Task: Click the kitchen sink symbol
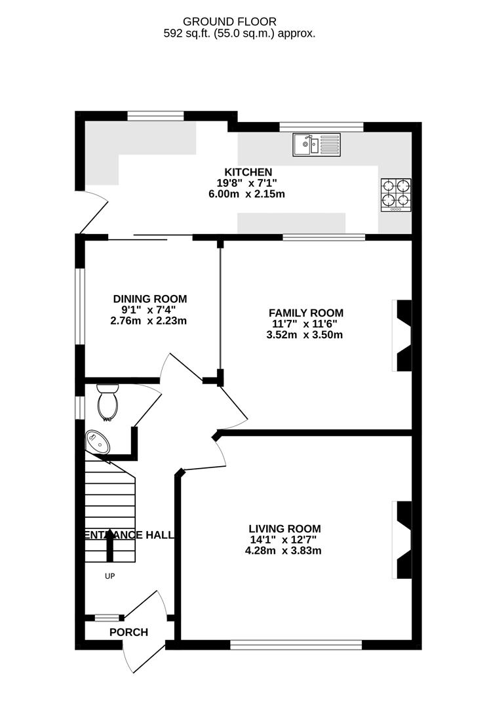click(317, 144)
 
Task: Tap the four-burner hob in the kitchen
click(395, 195)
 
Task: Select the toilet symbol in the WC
click(107, 401)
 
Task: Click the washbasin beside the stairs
click(98, 441)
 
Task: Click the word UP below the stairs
click(109, 577)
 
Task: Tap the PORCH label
click(128, 633)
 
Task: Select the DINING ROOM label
click(149, 298)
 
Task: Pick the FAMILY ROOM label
click(307, 313)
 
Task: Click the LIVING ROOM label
click(284, 528)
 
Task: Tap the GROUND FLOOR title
click(239, 22)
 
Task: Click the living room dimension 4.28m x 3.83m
click(284, 551)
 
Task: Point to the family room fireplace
click(402, 335)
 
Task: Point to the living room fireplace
click(402, 540)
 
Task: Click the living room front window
click(296, 645)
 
